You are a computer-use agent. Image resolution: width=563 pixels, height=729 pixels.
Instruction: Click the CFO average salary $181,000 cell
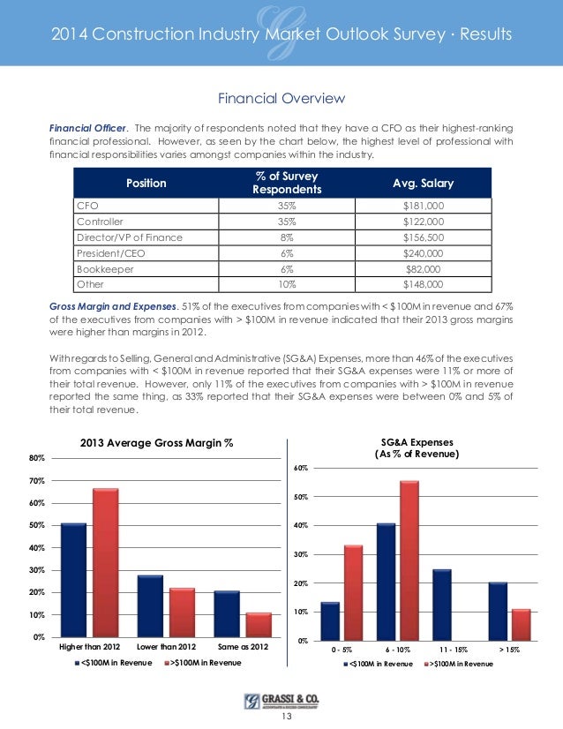coord(424,205)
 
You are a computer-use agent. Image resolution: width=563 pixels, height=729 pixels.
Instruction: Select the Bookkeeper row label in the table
coord(100,268)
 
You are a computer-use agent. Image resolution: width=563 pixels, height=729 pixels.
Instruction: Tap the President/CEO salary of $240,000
coord(424,252)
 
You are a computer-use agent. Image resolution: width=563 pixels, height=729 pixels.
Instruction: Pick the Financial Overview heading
coord(281,97)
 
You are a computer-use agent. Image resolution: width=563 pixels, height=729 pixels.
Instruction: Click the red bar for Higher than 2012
coord(105,562)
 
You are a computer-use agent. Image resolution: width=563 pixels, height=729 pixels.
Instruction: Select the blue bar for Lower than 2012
coord(151,605)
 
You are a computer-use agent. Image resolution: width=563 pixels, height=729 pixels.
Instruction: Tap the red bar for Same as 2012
coord(259,624)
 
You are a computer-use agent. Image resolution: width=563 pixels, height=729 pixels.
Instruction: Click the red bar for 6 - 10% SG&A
coord(409,560)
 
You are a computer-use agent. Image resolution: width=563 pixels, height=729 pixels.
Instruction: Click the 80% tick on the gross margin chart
coord(37,458)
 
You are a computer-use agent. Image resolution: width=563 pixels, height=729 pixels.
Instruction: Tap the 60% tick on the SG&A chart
coord(301,468)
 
